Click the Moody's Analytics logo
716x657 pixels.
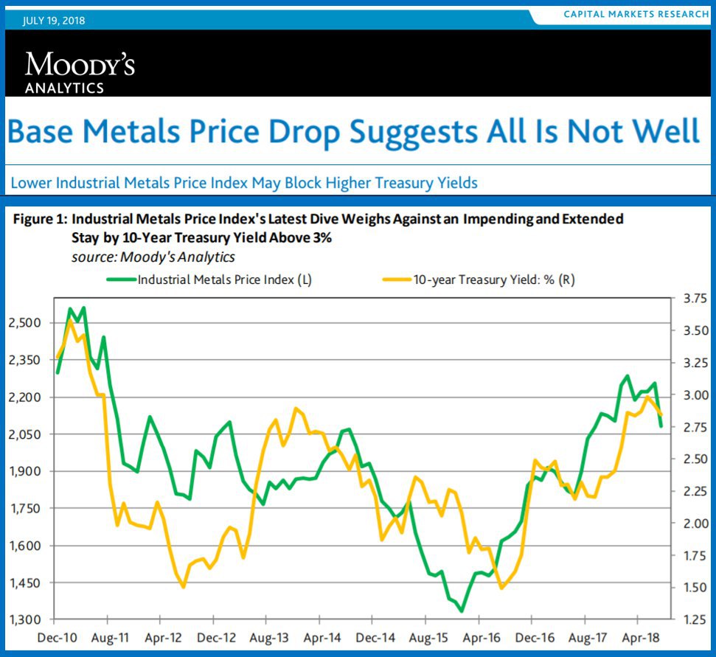coord(80,72)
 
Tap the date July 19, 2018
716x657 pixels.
coord(54,20)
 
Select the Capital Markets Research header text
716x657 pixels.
coord(636,15)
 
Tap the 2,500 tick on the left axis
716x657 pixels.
coord(27,323)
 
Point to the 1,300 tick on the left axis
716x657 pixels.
coord(27,619)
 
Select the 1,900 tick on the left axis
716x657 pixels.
coord(27,471)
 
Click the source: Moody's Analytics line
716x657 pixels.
coord(153,257)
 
